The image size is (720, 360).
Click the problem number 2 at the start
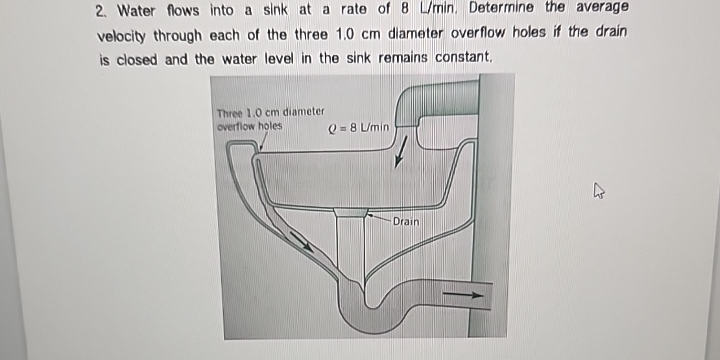99,11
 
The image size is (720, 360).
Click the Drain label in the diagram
405,222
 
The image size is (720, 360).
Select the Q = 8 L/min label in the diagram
359,128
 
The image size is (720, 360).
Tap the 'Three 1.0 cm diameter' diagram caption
270,112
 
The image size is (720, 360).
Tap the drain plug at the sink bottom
351,212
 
